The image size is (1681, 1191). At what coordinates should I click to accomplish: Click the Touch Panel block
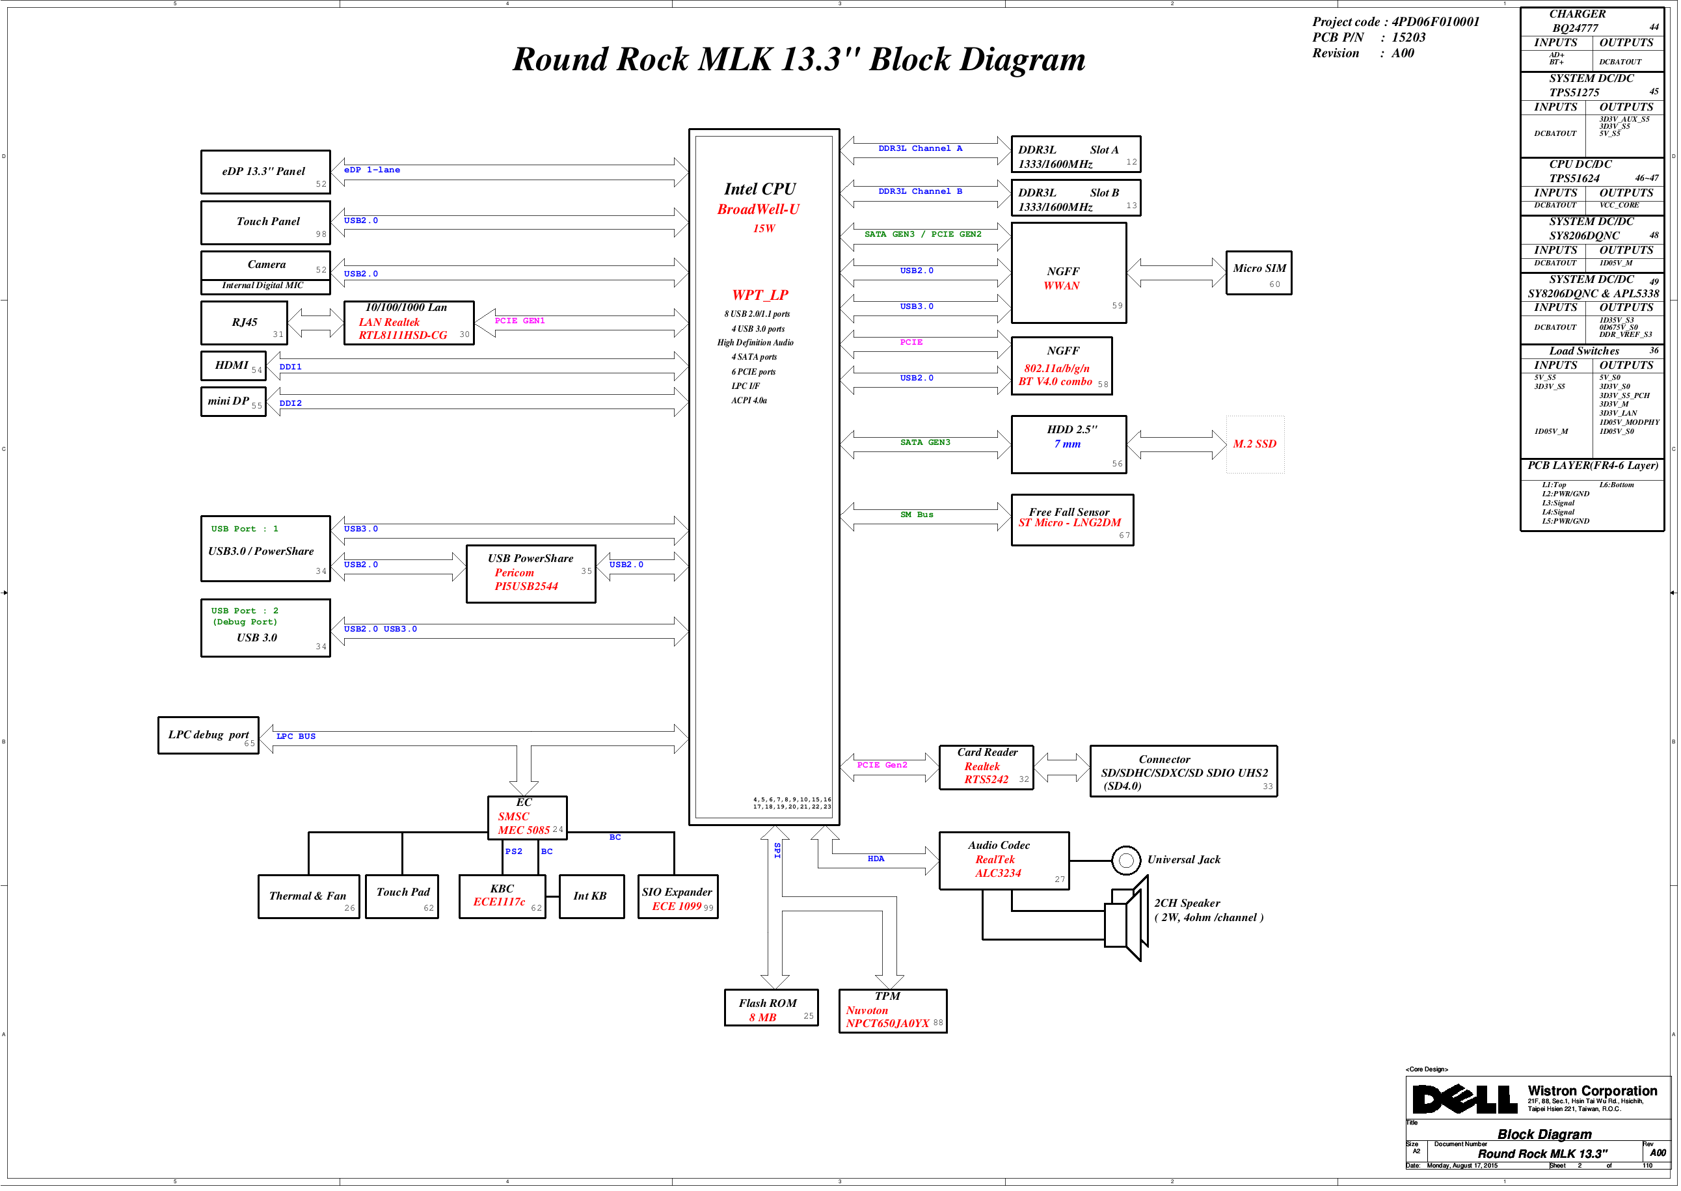click(265, 222)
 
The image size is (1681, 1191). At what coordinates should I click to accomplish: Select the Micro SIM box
click(1259, 273)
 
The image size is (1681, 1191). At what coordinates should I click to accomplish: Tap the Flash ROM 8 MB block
click(771, 1008)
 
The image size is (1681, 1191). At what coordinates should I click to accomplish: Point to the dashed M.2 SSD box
click(1255, 444)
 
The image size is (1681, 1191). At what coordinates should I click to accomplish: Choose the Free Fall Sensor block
click(1072, 520)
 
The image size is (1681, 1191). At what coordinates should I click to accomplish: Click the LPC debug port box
click(208, 735)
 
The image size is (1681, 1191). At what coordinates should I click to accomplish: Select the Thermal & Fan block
click(309, 896)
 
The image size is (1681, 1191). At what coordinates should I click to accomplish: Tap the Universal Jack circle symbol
click(1126, 861)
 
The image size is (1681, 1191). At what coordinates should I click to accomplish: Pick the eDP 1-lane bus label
click(372, 170)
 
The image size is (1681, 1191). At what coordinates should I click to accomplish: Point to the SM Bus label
click(917, 515)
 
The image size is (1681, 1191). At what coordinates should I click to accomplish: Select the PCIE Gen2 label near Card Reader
click(881, 765)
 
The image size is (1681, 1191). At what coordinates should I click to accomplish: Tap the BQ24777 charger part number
click(1575, 28)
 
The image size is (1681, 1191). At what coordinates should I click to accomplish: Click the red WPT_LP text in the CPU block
click(760, 295)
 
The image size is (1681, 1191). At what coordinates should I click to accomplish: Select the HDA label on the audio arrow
click(876, 859)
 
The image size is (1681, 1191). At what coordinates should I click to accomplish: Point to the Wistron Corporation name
click(1593, 1091)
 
